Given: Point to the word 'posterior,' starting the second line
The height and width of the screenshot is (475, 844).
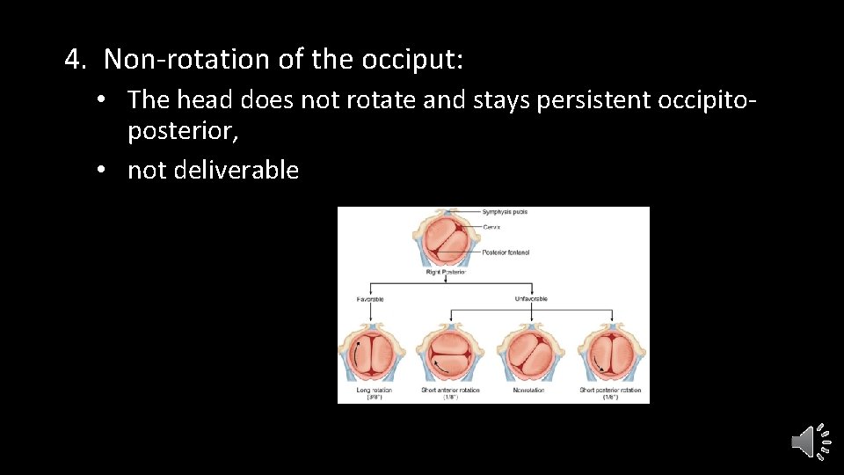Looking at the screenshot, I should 183,132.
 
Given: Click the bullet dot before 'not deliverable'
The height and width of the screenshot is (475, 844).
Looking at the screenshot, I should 103,170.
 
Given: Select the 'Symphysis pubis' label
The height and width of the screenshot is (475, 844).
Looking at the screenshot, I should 505,212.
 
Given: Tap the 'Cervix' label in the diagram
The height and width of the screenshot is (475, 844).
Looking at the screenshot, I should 491,227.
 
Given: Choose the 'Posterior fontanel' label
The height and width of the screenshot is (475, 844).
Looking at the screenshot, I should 506,252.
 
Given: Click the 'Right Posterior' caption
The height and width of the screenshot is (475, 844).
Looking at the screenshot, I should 445,273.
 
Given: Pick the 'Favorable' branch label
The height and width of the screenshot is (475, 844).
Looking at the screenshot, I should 370,299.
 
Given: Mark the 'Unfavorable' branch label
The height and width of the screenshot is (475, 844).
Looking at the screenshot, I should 530,299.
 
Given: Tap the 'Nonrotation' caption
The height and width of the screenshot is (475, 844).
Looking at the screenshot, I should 528,390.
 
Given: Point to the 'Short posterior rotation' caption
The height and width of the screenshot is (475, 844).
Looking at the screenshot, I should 610,390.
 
